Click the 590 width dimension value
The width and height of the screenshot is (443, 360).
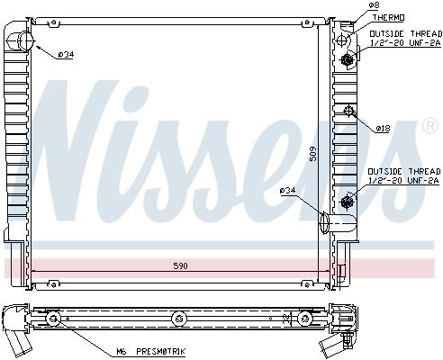[x=181, y=265]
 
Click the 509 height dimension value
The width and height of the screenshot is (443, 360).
[x=312, y=154]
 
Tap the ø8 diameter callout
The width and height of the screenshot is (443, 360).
[x=374, y=5]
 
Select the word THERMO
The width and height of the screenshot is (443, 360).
[x=388, y=18]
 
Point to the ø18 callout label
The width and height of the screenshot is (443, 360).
[x=383, y=129]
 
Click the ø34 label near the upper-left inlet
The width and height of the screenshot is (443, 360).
[x=67, y=55]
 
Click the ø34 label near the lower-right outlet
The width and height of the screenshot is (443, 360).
[x=287, y=190]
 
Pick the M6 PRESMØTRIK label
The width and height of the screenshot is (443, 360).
[x=151, y=351]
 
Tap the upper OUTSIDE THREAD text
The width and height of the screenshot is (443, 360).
[x=406, y=33]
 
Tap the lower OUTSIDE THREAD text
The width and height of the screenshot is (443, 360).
[x=404, y=171]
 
